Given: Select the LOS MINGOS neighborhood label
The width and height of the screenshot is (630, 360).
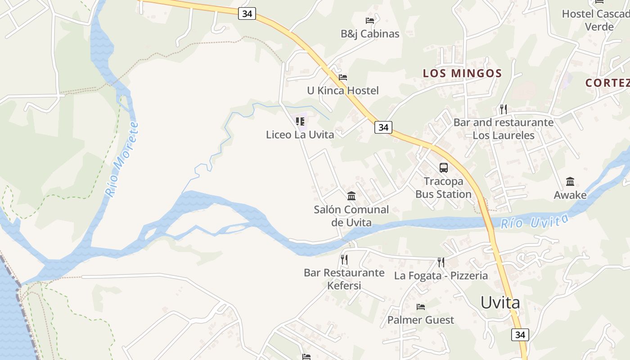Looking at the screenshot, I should [x=462, y=73].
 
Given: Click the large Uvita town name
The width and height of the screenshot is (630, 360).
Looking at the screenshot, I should [x=500, y=302].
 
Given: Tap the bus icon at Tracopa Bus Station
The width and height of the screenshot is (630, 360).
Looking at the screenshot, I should [x=444, y=168].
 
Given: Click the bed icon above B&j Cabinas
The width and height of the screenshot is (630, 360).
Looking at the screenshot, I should [x=370, y=20].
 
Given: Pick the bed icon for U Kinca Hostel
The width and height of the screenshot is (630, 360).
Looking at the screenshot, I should [x=343, y=77].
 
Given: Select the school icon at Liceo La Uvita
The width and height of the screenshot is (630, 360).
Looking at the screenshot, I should [x=300, y=121].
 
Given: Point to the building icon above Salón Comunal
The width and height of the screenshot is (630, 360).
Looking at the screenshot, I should [x=351, y=196].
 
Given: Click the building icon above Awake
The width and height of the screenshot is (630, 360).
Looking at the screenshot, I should [x=570, y=181].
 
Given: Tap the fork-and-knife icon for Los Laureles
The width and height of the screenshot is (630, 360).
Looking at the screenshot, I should [x=504, y=109].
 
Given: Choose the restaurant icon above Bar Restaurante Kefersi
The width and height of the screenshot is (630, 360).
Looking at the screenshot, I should [x=344, y=259].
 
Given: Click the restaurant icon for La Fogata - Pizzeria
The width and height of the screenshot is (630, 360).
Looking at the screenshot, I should [x=441, y=262].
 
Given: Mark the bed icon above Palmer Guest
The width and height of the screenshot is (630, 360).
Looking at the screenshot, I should [x=421, y=307].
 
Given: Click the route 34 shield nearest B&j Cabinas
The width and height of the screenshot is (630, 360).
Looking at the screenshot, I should [x=247, y=13].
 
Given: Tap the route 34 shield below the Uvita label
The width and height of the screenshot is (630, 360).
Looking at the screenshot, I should [x=520, y=334].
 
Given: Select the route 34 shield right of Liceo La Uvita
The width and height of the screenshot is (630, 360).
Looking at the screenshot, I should [x=383, y=127].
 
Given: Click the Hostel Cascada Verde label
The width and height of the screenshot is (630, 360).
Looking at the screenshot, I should [x=596, y=20].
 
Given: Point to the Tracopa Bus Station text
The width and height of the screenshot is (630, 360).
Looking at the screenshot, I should [x=443, y=188].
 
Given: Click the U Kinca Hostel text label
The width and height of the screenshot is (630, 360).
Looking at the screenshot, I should [x=343, y=90].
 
